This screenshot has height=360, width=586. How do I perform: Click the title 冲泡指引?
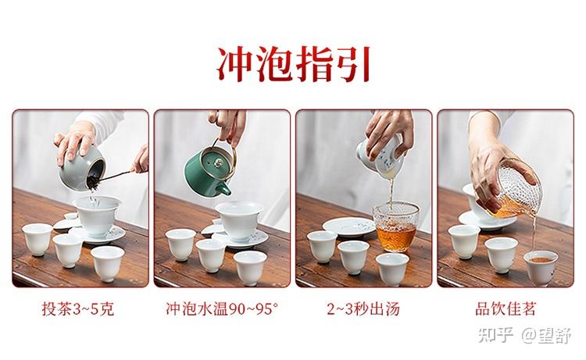coord(294,63)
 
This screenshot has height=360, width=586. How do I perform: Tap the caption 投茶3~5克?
coord(77,308)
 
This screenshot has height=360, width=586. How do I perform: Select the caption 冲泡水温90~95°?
coord(222,308)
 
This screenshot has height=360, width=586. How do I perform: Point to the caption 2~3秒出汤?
coord(363,308)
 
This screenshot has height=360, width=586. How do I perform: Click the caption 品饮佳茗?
coord(506,308)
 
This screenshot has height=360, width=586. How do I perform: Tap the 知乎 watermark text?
coord(495,334)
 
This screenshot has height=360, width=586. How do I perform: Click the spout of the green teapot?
coord(224,189)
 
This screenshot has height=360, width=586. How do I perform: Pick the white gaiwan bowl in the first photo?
coord(97,215)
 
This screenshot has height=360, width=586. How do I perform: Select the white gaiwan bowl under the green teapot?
coord(239,219)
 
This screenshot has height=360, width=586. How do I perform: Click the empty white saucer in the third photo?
coord(349,226)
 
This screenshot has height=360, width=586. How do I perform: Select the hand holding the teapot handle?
coord(228,125)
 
